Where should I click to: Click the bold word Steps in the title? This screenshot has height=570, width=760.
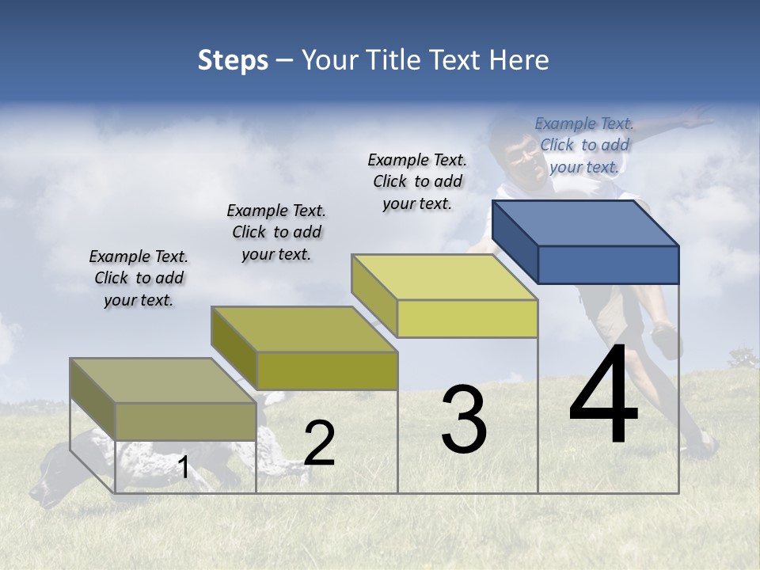pos(233,60)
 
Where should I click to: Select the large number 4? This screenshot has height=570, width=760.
pos(603,396)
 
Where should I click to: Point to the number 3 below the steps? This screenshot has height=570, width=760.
pos(464,420)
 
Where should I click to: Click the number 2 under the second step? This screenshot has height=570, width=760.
pos(319,443)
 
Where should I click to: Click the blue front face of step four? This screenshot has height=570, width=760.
pos(608,264)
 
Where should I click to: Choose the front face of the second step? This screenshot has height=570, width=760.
pos(327,370)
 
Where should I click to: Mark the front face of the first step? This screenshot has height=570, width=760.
pos(186,421)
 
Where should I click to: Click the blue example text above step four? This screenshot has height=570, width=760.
pos(584,145)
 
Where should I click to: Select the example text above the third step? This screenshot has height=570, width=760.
pos(417,181)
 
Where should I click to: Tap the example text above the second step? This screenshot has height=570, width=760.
pos(276,232)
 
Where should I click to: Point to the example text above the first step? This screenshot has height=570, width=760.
pos(139,278)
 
